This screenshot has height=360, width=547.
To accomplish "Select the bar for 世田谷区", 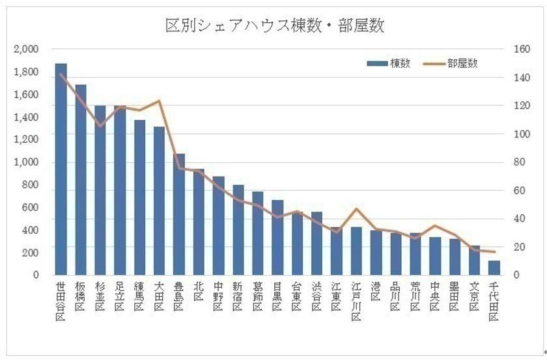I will [x=61, y=169].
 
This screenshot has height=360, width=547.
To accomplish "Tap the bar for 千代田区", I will [x=494, y=268].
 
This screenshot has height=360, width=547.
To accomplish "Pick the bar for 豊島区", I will [x=179, y=215].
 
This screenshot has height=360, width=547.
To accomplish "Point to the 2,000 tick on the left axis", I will [x=27, y=49].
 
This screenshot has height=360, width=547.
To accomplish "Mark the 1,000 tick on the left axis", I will [x=27, y=162].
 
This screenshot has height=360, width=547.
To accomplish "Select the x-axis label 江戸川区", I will [x=356, y=301].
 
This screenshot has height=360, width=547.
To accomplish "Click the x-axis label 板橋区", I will [x=81, y=296].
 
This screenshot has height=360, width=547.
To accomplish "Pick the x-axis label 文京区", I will [x=475, y=296].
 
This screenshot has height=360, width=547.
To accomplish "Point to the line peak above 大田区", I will [x=159, y=101].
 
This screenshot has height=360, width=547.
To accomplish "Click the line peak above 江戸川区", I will [x=356, y=209].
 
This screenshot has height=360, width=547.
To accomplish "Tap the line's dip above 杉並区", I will [x=100, y=125].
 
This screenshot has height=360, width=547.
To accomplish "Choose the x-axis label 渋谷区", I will [x=317, y=296].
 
